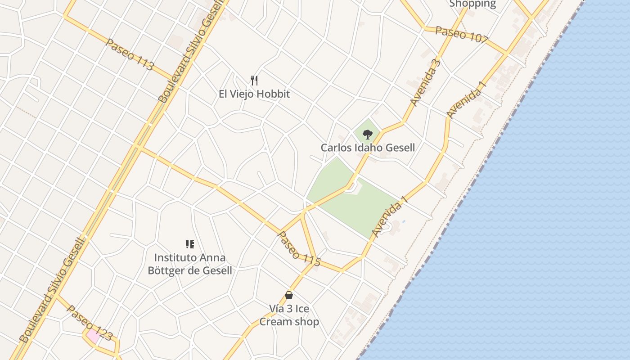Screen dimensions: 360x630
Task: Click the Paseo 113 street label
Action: click(x=130, y=55)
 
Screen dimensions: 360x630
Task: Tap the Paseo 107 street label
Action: click(x=461, y=35)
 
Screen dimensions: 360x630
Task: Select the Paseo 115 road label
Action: click(x=299, y=249)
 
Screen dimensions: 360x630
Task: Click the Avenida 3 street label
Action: click(x=425, y=82)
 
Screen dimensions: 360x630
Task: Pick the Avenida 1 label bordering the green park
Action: click(x=390, y=217)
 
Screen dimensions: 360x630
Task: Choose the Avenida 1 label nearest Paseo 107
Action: click(x=467, y=99)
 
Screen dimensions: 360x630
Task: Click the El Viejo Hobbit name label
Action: click(x=254, y=94)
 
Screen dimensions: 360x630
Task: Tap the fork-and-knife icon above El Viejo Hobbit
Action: click(x=254, y=81)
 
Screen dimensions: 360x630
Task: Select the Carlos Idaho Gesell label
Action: click(x=368, y=148)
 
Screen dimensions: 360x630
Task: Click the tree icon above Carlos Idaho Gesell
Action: click(x=368, y=134)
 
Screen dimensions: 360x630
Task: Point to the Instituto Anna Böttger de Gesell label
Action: click(x=190, y=264)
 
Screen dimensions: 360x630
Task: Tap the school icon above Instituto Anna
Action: click(x=190, y=244)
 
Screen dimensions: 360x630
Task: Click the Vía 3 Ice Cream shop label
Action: click(x=289, y=315)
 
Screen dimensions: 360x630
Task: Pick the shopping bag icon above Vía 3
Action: click(x=289, y=295)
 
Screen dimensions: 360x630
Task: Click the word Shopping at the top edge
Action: click(x=472, y=4)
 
